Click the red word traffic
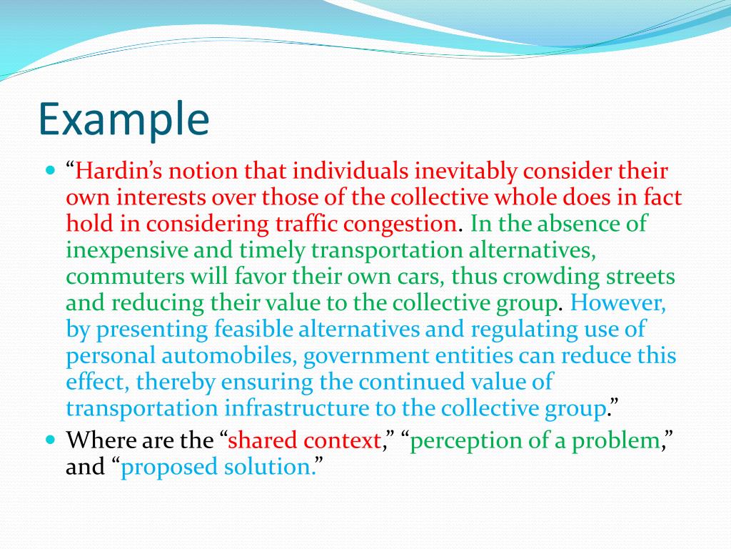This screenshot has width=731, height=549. click(308, 224)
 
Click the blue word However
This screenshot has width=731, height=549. click(618, 303)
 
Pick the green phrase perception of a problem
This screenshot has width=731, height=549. click(534, 441)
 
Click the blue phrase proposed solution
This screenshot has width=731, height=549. click(218, 468)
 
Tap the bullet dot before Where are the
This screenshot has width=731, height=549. click(50, 440)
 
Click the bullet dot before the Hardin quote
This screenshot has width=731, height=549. click(50, 171)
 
